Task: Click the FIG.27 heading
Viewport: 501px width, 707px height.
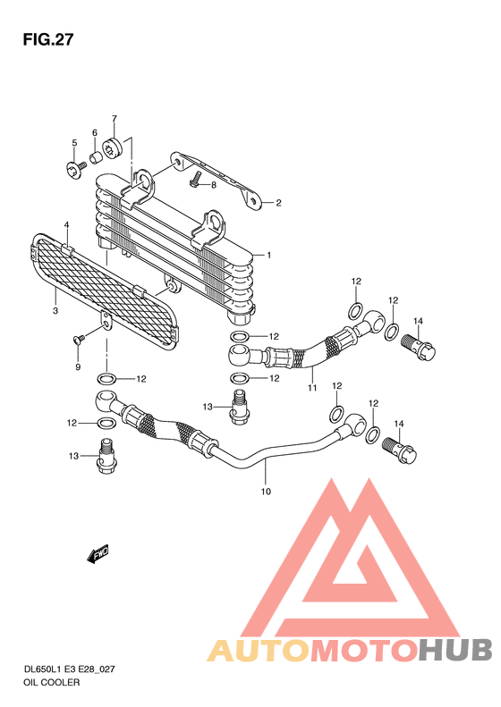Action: pyautogui.click(x=47, y=39)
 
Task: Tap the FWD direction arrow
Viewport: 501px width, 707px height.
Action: pyautogui.click(x=98, y=553)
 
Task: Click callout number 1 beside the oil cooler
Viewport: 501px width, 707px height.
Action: pyautogui.click(x=269, y=256)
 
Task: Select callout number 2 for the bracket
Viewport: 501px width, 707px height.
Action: pyautogui.click(x=278, y=203)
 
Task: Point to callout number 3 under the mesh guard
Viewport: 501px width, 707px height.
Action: pyautogui.click(x=55, y=311)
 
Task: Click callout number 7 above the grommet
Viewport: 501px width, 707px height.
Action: pyautogui.click(x=115, y=119)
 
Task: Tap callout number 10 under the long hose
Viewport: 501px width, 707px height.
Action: pyautogui.click(x=266, y=491)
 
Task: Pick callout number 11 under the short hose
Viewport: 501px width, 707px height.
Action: pyautogui.click(x=312, y=387)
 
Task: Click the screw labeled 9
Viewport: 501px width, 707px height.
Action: pyautogui.click(x=79, y=339)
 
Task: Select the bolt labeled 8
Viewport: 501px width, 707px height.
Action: pyautogui.click(x=195, y=179)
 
